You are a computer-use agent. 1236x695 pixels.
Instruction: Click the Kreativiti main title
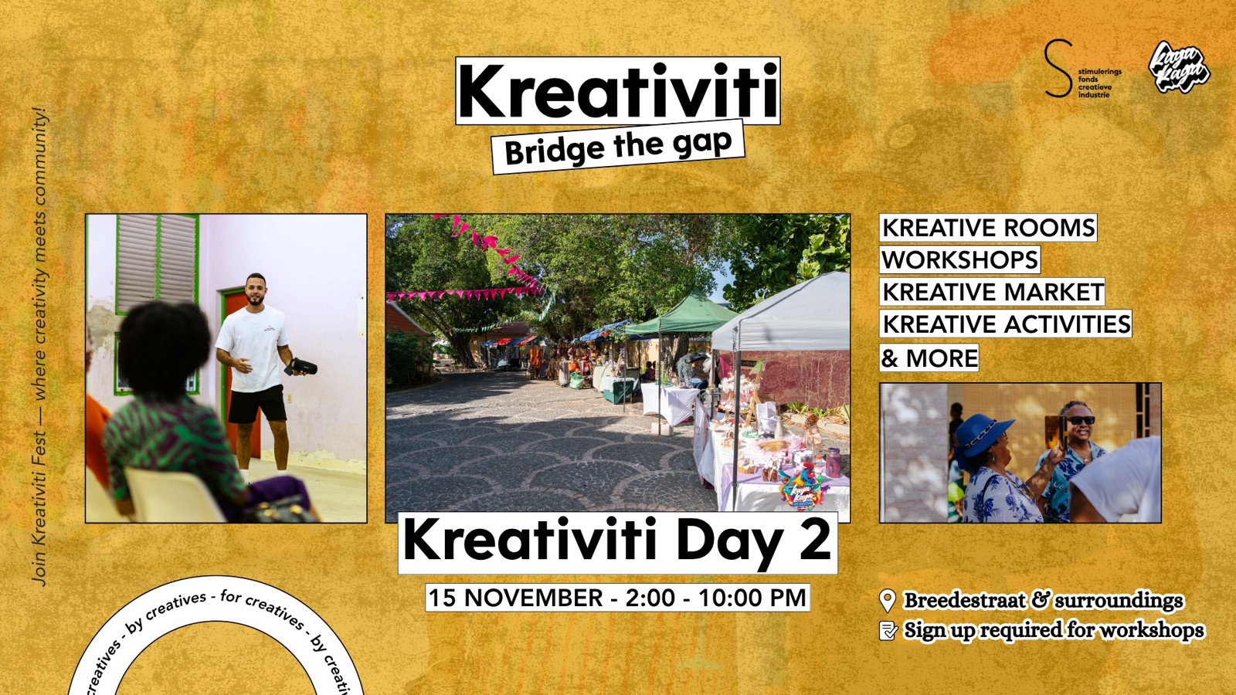click(x=617, y=91)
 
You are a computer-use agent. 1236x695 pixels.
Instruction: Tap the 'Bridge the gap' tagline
click(x=618, y=147)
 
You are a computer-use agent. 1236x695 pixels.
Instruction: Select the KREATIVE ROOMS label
click(x=988, y=228)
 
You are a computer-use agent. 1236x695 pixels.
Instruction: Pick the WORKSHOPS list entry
click(x=959, y=260)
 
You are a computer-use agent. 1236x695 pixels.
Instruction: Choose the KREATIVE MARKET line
click(x=993, y=292)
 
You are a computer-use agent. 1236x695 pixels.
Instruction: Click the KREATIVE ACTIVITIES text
click(x=1006, y=324)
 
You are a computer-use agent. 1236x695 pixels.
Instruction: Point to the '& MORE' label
click(x=929, y=358)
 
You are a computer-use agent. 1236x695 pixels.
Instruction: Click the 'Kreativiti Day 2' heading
click(x=617, y=541)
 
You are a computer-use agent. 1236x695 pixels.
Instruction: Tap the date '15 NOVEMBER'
click(x=515, y=598)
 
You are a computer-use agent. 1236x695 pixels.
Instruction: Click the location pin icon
click(x=888, y=600)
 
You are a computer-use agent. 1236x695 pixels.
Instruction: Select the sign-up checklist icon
click(x=888, y=631)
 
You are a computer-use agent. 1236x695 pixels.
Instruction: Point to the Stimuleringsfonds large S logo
click(x=1058, y=69)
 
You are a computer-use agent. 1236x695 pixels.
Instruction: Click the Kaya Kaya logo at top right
click(x=1179, y=68)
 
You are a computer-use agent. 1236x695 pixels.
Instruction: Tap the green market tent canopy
click(x=684, y=315)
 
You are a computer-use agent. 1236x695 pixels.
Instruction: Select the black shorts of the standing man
click(x=257, y=404)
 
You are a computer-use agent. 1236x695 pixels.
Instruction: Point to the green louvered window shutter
click(x=158, y=263)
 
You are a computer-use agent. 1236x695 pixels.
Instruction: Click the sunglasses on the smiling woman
click(x=1080, y=420)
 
